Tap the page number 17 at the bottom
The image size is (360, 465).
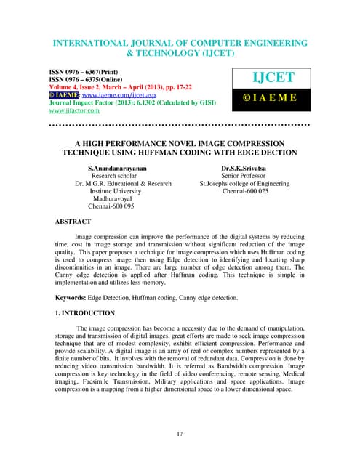pos(179,434)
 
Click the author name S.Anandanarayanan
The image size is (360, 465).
pos(116,167)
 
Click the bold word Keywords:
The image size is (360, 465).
pos(75,298)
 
